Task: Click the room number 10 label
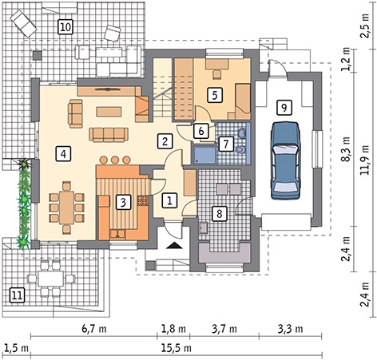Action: click(65, 27)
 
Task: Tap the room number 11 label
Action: click(17, 295)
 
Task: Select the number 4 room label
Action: click(63, 153)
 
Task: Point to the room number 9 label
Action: click(284, 108)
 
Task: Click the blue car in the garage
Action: click(286, 160)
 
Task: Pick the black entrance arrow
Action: click(174, 245)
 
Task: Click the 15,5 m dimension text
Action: click(177, 348)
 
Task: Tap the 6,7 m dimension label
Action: click(94, 329)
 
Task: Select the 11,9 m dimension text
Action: click(364, 160)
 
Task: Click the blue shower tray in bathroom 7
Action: click(204, 155)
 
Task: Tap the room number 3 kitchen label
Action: click(123, 202)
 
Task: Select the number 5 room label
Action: click(215, 95)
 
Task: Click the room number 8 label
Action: click(219, 213)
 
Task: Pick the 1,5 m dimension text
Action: click(16, 348)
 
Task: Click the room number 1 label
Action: click(169, 200)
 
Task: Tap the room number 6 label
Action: click(201, 131)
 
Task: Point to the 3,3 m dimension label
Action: click(291, 329)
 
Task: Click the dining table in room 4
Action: click(66, 208)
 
